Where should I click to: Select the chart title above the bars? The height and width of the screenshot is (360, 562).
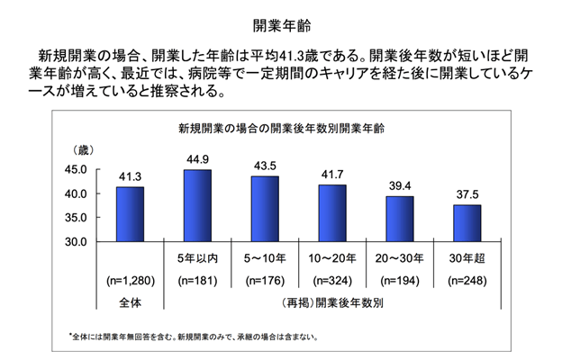280,128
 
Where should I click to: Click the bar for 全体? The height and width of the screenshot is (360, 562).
131,214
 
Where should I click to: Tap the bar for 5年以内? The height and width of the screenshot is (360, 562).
197,206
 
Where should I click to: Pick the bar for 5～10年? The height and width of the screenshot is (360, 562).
264,209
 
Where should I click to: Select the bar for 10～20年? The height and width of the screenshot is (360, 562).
331,213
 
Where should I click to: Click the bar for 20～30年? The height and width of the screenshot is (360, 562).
399,219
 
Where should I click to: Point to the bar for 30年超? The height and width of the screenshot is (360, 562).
467,223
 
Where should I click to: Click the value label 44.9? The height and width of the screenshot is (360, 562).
197,160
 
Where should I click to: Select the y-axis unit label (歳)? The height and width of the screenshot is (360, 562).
82,148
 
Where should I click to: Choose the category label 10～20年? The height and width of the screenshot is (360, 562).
331,258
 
